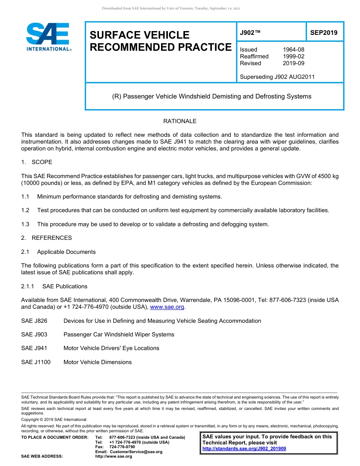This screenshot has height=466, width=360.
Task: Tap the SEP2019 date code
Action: coord(324,33)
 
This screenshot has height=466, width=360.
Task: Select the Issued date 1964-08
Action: coord(293,50)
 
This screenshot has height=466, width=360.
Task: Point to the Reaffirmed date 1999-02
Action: coord(293,56)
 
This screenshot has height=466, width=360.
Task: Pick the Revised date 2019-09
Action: coord(293,63)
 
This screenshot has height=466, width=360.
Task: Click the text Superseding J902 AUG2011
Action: coord(277,77)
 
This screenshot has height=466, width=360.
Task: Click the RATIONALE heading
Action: coord(180,121)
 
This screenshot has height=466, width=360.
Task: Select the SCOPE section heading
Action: coord(42,162)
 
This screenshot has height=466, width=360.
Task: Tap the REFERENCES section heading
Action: coord(52,238)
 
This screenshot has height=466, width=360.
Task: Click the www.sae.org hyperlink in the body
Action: coord(167,307)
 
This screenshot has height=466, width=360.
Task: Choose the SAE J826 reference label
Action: coord(34,321)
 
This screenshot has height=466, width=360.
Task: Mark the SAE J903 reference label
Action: coord(34,335)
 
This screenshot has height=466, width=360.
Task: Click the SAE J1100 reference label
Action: coord(36,362)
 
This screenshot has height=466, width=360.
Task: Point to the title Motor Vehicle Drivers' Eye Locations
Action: coord(111,348)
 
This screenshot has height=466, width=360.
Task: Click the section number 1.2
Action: coord(25,210)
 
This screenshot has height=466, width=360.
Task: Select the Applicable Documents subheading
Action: coord(66,252)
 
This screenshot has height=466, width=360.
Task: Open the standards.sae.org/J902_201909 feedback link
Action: coord(244,449)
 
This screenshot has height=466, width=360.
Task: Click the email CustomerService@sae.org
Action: coord(136,452)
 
